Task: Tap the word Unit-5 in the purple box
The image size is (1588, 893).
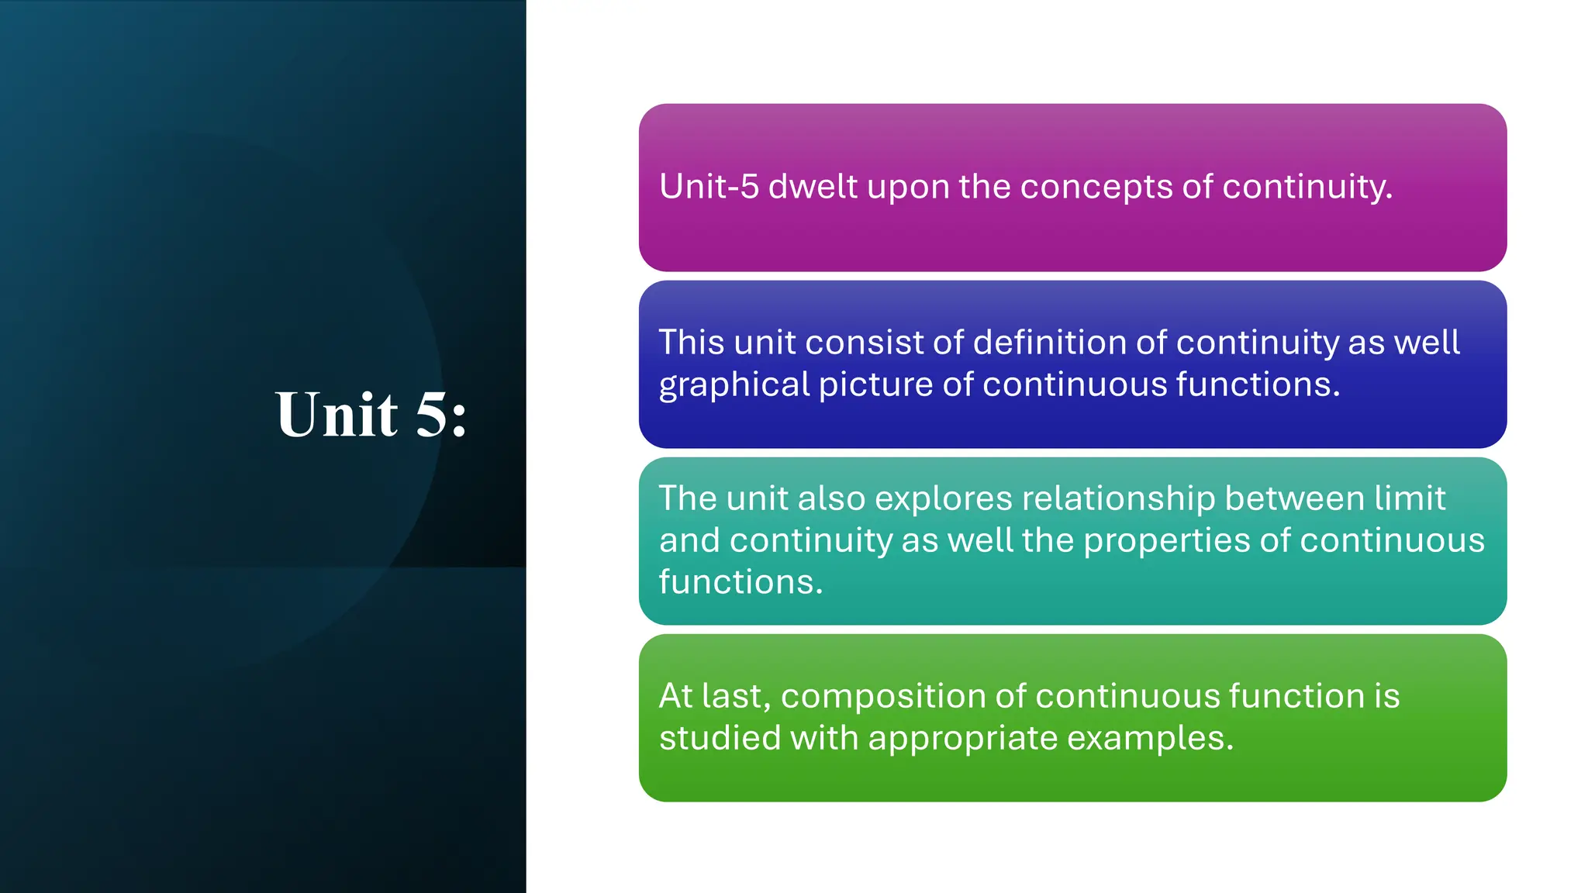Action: [709, 187]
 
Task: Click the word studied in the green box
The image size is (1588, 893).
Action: [719, 738]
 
